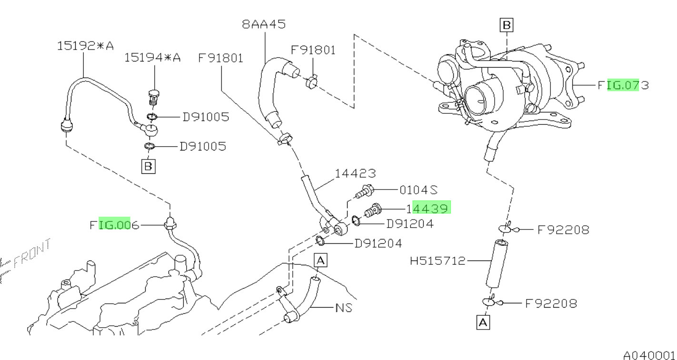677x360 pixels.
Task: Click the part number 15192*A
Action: coord(86,46)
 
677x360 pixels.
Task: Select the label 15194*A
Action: coord(152,58)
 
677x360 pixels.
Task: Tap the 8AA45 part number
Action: coord(264,24)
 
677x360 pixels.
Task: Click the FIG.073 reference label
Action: coord(623,85)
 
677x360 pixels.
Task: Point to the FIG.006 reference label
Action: coord(114,225)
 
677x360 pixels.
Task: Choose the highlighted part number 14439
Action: coord(427,208)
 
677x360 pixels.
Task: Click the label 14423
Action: coord(355,174)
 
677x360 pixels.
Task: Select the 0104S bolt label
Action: coord(418,190)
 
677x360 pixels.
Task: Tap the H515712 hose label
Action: coord(438,260)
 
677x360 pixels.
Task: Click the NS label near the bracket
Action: coord(344,308)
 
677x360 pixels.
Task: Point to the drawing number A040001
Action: coord(649,355)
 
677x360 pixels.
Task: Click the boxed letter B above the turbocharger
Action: coord(506,25)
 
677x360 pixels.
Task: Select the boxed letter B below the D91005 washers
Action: coord(148,166)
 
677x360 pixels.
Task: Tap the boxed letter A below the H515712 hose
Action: coord(483,322)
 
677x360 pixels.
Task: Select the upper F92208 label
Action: coord(563,230)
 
